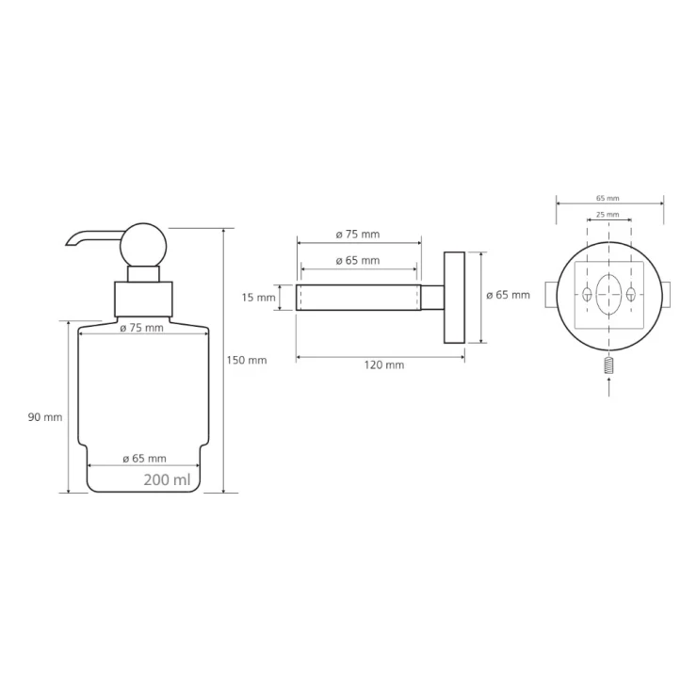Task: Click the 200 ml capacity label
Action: (167, 480)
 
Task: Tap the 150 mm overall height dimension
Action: (247, 360)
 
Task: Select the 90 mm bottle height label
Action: (45, 417)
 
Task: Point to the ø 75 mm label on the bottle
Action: (142, 328)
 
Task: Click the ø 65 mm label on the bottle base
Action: (144, 459)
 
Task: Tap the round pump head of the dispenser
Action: (143, 246)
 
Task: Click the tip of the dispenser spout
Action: (67, 245)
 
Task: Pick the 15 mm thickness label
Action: (259, 298)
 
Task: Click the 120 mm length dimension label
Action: (384, 365)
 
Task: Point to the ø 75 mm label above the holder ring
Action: (358, 235)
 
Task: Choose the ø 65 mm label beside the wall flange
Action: (508, 295)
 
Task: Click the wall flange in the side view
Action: (454, 298)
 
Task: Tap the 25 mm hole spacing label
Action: (608, 214)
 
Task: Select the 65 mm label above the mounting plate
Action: (608, 198)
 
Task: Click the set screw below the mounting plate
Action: (609, 365)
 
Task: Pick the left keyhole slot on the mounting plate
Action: (587, 294)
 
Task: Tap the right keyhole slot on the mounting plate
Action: (631, 294)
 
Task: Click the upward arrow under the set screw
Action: (609, 386)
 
